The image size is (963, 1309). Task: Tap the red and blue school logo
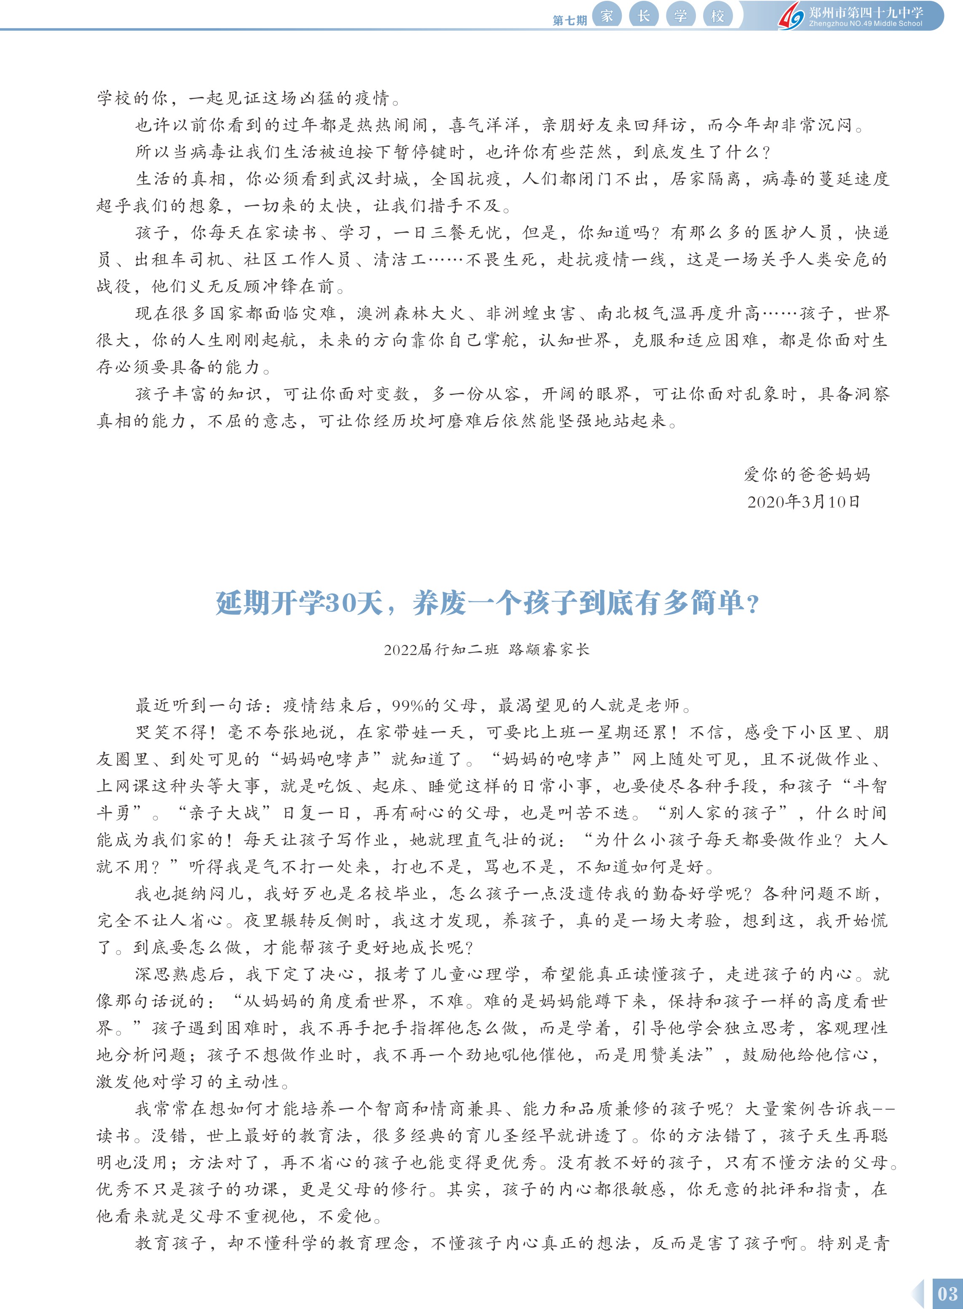pos(791,15)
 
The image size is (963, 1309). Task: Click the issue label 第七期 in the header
pos(569,20)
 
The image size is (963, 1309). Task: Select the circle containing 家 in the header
pos(607,15)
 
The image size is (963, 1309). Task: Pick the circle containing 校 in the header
pos(717,15)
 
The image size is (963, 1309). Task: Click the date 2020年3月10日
pos(803,502)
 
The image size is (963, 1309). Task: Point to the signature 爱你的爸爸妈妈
pos(807,475)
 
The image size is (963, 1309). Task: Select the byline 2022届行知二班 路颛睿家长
pos(487,649)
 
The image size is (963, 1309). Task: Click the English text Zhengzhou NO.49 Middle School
pos(865,24)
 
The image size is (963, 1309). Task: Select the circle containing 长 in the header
pos(644,15)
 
